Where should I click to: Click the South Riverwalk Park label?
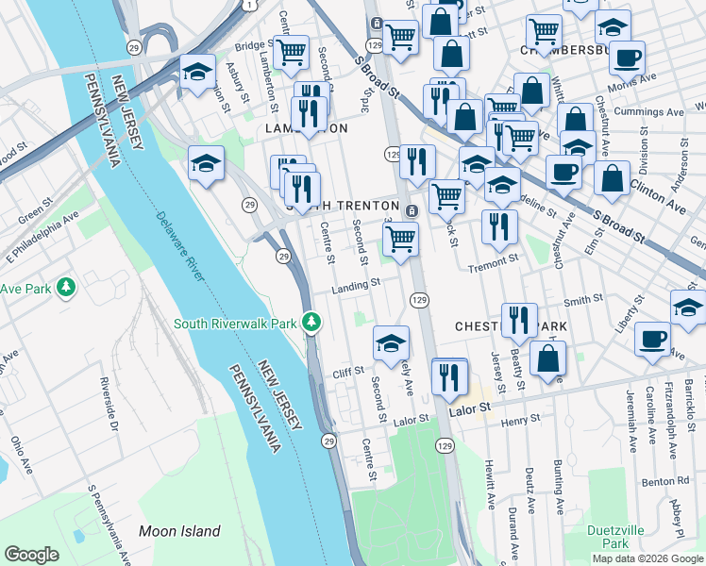click(x=236, y=324)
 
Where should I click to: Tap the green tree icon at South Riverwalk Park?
click(x=312, y=324)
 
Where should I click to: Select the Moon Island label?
click(x=179, y=531)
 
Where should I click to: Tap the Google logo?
click(x=32, y=555)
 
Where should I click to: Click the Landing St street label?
click(x=356, y=282)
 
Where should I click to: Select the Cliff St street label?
click(x=348, y=373)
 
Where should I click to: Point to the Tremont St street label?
click(x=495, y=265)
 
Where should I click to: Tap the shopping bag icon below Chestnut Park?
click(x=547, y=358)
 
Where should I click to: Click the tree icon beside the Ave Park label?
click(x=65, y=287)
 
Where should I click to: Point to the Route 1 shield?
click(x=247, y=5)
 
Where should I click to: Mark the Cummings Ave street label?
click(x=649, y=111)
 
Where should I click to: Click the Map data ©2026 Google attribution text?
click(x=647, y=558)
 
